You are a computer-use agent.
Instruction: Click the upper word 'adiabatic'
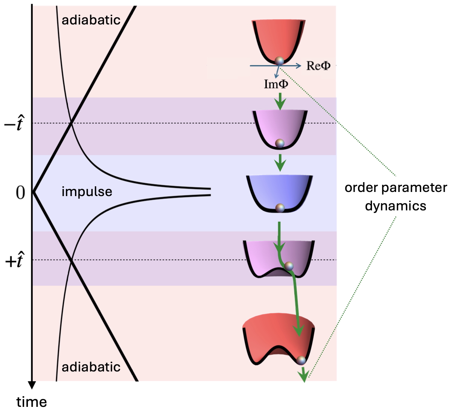coord(91,20)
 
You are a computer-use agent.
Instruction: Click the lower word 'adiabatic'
coord(91,367)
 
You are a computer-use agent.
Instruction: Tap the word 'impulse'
coord(87,192)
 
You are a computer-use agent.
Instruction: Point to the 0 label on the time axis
coord(20,193)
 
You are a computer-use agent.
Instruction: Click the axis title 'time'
coord(32,402)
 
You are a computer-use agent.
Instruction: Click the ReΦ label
coord(318,65)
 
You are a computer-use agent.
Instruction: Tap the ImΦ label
coord(276,84)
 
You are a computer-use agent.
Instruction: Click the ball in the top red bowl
coord(279,61)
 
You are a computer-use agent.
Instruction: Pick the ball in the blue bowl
coord(280,208)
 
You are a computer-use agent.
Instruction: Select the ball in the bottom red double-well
coord(301,360)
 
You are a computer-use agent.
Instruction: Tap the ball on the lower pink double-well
coord(289,266)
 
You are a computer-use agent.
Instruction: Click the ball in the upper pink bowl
coord(280,143)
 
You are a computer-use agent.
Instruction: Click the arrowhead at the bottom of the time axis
coord(32,385)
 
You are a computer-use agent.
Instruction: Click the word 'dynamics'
coord(395,206)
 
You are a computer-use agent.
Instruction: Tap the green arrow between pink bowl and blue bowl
coord(280,163)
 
